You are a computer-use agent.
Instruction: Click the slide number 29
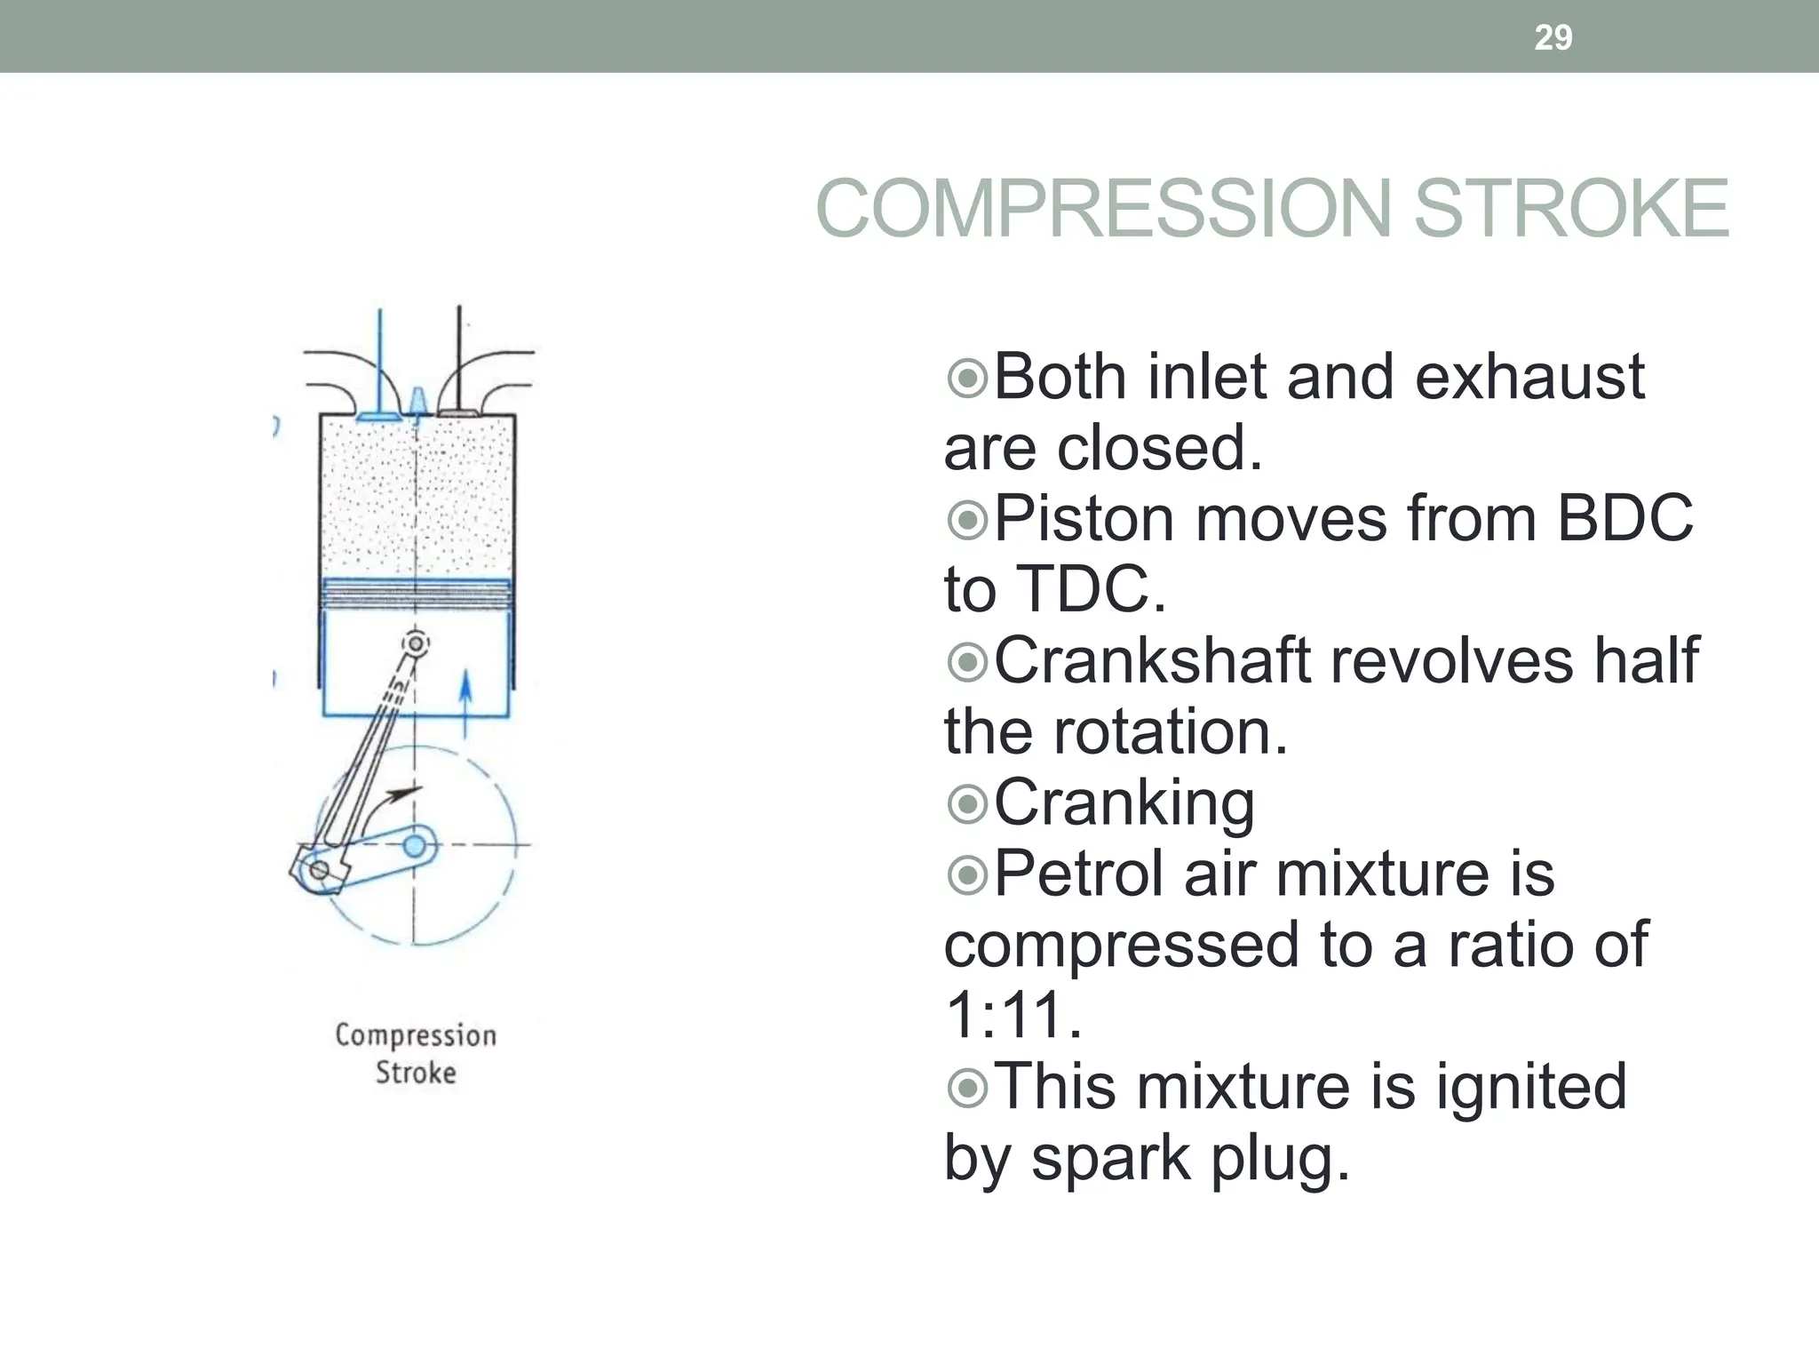pos(1553,37)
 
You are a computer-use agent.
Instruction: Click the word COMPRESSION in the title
pos(1102,209)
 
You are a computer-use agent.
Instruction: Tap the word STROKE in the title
pos(1570,209)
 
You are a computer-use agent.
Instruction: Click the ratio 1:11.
pos(1013,1015)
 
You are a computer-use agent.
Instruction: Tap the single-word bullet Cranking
pos(1124,802)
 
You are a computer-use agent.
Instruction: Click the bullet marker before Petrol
pos(967,875)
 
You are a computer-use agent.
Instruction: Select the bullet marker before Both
pos(967,379)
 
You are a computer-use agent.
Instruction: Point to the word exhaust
pos(1529,377)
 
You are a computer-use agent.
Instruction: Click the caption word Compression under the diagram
pos(416,1036)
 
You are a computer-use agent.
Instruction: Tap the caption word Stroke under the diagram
pos(416,1073)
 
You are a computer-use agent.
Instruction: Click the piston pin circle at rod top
pos(415,643)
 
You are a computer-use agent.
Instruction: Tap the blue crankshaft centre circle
pos(415,845)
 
